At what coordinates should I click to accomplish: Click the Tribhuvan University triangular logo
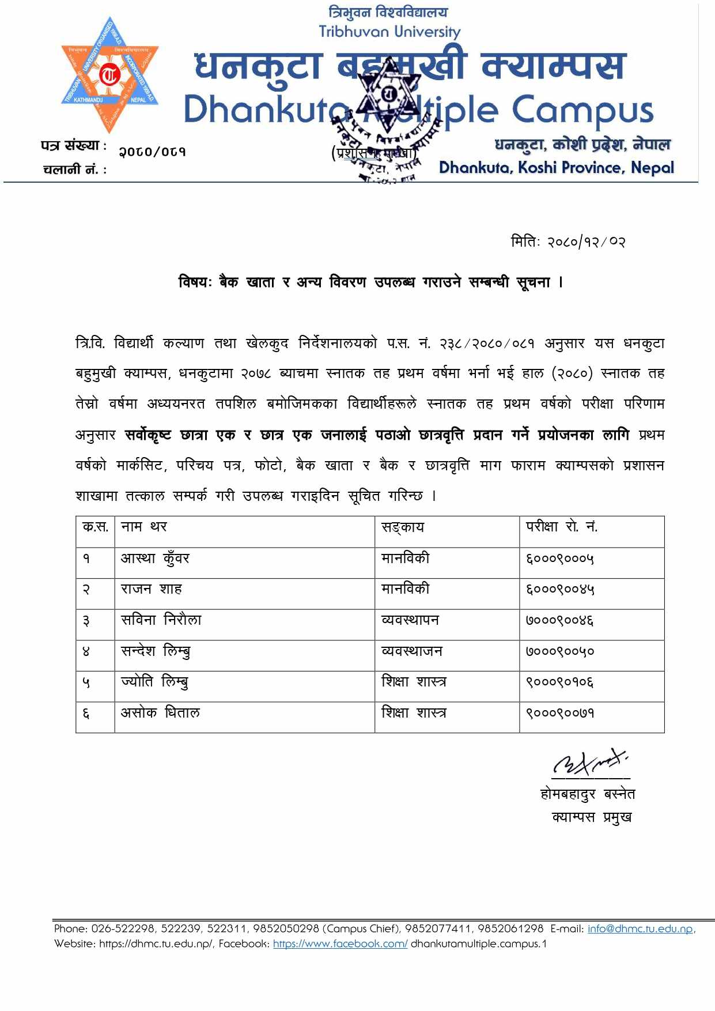coord(109,75)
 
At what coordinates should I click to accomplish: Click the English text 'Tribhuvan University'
coord(389,32)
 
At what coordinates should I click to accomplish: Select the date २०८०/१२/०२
coord(586,242)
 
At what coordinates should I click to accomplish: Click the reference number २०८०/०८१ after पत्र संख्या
coord(152,152)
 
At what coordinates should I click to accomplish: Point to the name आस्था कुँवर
coord(155,558)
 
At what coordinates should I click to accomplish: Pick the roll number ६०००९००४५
coord(559,589)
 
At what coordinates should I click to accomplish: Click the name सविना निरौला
coord(161,620)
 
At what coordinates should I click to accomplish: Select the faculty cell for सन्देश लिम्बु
coord(411,651)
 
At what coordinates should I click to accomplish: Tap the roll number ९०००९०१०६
coord(559,682)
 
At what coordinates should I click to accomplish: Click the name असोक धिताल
coord(160,713)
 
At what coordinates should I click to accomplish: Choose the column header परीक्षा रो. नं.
coord(561,527)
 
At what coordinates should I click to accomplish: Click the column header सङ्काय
coord(402,527)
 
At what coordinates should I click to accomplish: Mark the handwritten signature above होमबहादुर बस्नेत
coord(589,764)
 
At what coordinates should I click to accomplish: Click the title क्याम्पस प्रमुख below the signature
coord(591,817)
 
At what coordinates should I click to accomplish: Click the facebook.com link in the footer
coord(340,944)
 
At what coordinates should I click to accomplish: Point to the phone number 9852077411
coord(438,929)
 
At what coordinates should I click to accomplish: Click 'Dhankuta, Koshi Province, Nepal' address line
coord(556,168)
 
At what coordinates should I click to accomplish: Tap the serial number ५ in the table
coord(86,682)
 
